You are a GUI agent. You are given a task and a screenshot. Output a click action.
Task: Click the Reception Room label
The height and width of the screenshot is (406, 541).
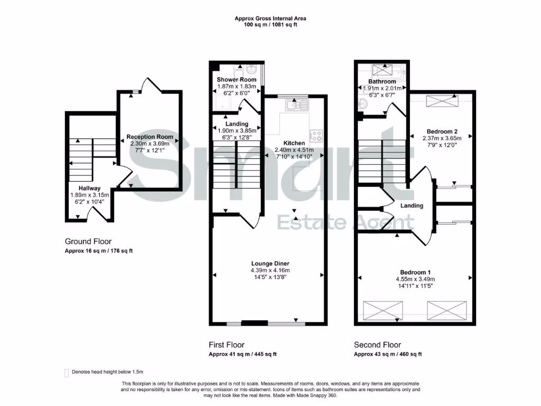(x=150, y=137)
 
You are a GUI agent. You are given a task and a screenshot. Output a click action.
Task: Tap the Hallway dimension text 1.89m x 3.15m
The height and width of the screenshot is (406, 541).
(x=89, y=195)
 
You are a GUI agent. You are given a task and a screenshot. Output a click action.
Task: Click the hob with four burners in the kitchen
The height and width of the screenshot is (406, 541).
(x=316, y=136)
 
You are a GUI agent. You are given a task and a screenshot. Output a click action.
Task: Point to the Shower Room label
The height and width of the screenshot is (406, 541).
(x=237, y=80)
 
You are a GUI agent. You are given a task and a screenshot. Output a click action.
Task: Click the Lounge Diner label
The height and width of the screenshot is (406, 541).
(x=270, y=263)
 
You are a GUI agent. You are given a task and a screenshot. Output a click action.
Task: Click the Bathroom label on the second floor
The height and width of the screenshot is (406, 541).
(x=382, y=82)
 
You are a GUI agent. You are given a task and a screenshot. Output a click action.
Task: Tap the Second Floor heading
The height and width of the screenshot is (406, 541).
(x=377, y=345)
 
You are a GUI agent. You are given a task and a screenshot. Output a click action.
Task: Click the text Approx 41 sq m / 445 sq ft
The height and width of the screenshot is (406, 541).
(x=242, y=354)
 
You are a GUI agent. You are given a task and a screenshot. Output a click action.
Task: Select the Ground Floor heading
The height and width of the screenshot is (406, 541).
(x=88, y=241)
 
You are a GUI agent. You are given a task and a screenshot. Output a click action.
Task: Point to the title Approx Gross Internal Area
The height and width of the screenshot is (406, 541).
(x=270, y=19)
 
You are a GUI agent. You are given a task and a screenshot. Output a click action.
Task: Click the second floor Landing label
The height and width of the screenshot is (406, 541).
(x=412, y=206)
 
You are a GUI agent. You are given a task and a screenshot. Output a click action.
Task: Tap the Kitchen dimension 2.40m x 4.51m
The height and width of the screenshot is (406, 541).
(x=294, y=150)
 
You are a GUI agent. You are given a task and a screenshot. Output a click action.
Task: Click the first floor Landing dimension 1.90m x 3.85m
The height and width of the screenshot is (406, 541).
(x=236, y=131)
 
